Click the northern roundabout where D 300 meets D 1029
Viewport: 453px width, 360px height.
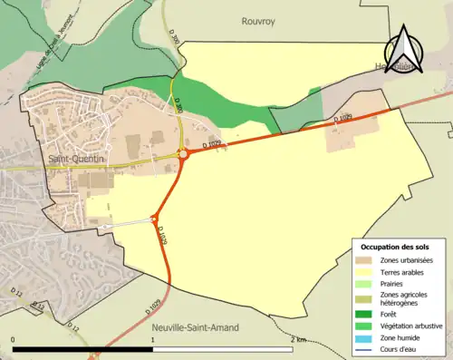(184, 154)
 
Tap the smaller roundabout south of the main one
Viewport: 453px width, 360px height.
(155, 218)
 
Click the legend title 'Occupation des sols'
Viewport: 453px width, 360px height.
(397, 247)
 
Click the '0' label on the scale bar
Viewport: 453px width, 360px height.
(13, 339)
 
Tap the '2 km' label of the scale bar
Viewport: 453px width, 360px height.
(299, 339)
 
